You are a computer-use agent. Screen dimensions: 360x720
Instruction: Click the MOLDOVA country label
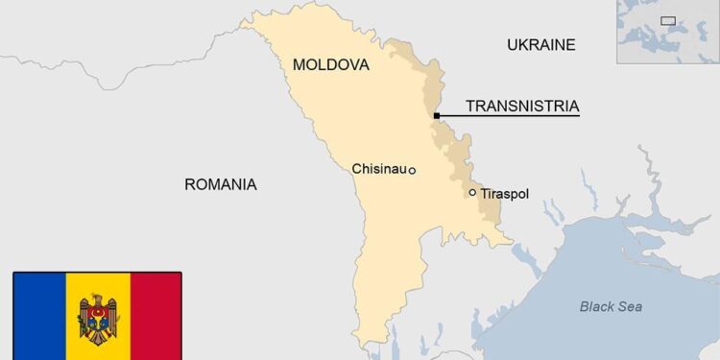tap(330, 64)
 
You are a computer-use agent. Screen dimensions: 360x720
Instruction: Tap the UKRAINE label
tap(540, 44)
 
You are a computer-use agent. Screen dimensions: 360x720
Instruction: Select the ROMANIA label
tap(220, 184)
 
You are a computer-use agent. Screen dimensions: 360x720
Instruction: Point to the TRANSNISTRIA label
tap(521, 107)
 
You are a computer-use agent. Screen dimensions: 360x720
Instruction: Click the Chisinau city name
tap(379, 169)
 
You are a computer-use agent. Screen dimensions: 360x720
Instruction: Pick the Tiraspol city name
tap(504, 194)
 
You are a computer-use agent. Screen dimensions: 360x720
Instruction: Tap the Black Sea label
tap(611, 307)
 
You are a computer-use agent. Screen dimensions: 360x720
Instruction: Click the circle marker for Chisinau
tap(412, 171)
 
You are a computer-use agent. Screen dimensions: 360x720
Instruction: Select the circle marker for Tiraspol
tap(472, 193)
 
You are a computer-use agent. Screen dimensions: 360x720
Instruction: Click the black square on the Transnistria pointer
tap(437, 116)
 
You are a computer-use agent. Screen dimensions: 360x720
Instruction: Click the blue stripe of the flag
tap(39, 317)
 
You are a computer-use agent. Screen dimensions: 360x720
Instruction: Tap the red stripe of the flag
tap(156, 317)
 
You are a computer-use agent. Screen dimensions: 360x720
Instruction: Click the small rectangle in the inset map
tap(668, 20)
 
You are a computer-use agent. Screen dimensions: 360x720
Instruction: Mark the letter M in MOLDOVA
tap(299, 64)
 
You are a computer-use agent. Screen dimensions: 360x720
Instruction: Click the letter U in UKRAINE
tap(512, 44)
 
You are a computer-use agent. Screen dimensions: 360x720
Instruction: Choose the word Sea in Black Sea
tap(630, 307)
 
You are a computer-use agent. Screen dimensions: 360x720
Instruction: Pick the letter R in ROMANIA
tap(189, 184)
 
